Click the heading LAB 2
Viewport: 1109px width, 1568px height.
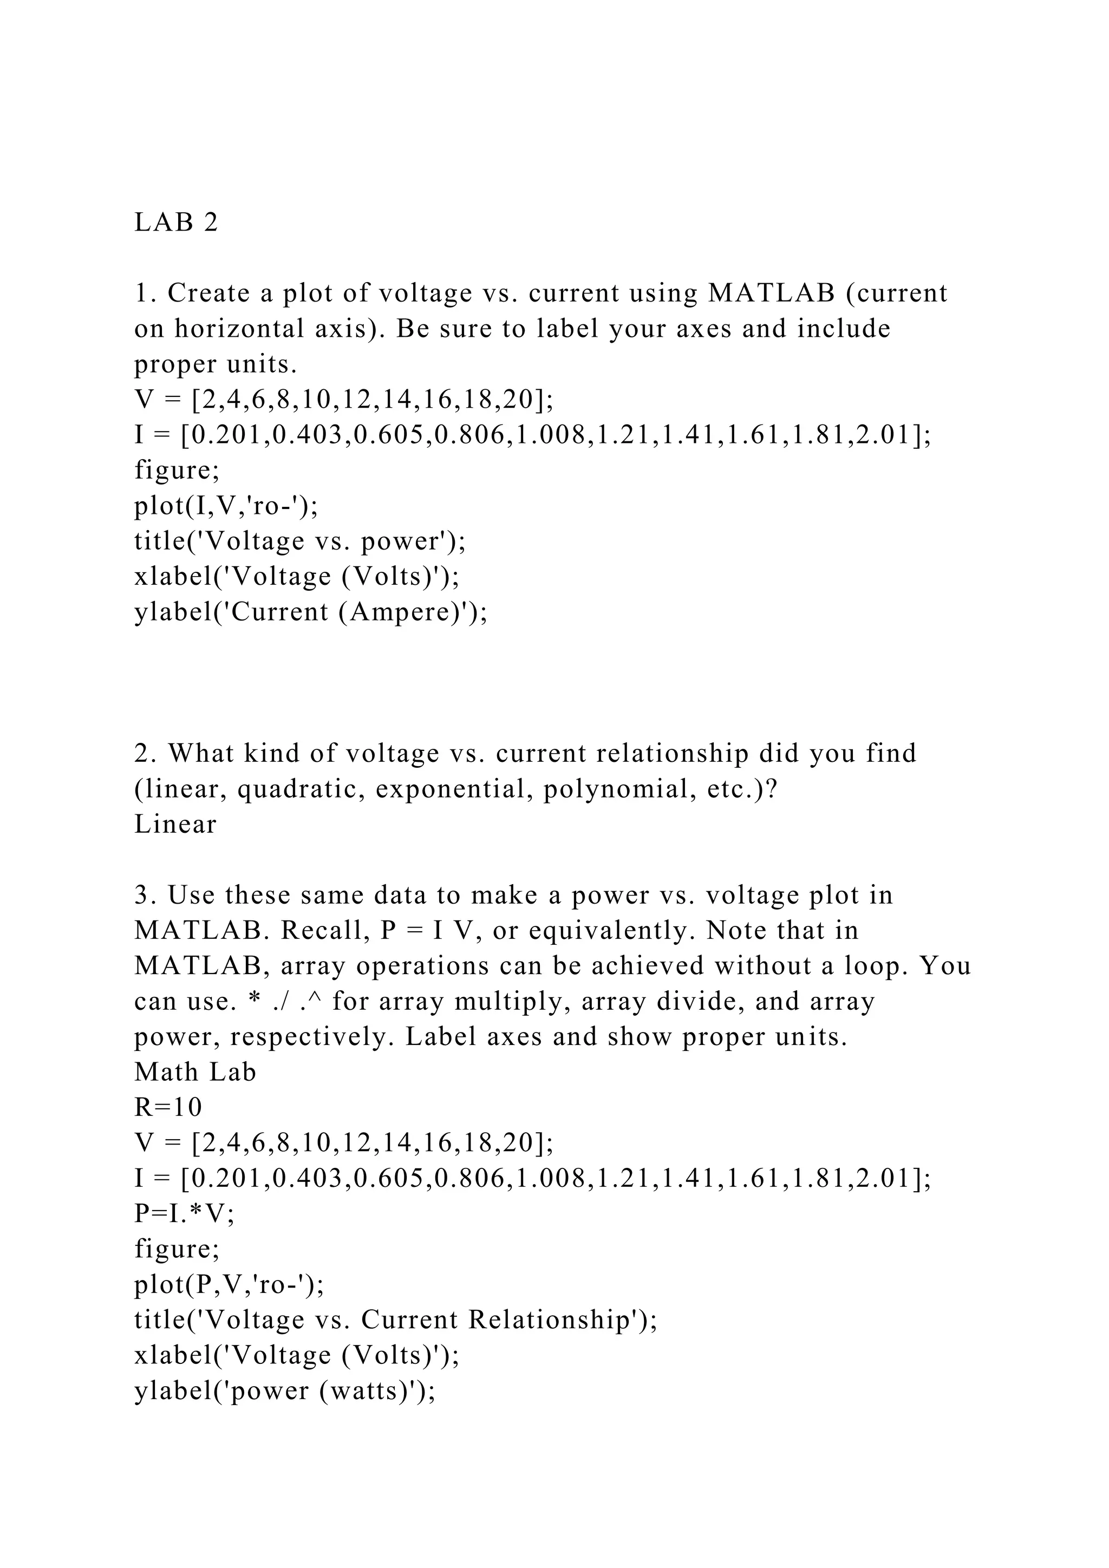[x=176, y=223]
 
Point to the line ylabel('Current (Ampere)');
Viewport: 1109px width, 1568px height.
[x=311, y=612]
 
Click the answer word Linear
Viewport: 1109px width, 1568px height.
[x=175, y=824]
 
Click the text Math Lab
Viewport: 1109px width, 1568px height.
[x=195, y=1072]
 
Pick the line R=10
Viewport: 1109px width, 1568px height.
[x=168, y=1107]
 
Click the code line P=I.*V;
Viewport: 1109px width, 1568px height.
[x=184, y=1213]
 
